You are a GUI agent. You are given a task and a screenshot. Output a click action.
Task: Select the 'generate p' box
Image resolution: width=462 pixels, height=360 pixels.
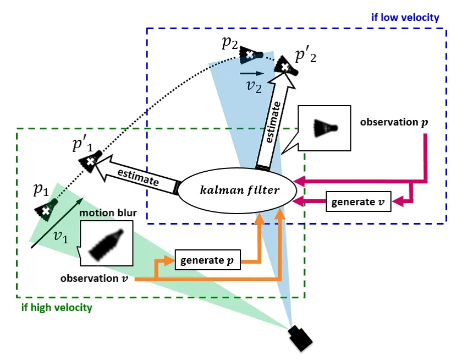point(208,260)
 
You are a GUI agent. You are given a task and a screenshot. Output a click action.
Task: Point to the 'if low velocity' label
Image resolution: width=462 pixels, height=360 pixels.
point(406,18)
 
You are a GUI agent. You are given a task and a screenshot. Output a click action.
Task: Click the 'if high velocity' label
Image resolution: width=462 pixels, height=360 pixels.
point(57,307)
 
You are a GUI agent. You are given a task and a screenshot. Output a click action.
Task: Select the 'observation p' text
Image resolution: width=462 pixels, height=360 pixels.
point(393,122)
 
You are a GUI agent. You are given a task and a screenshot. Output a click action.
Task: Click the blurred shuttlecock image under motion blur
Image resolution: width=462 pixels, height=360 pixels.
point(106,242)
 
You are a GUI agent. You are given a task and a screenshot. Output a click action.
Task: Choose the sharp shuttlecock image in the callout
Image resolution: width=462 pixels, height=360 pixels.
point(324,129)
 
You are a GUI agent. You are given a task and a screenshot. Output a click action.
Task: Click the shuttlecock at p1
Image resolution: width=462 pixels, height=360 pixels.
point(46,209)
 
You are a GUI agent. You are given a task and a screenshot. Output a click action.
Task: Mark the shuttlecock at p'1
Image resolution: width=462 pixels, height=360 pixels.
point(90,161)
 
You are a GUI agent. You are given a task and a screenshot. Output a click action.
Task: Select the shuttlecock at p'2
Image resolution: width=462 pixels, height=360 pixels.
point(287,66)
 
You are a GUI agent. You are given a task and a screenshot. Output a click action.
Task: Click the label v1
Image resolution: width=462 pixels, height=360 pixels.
point(62,237)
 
